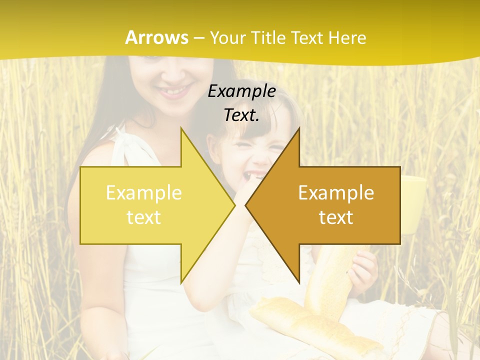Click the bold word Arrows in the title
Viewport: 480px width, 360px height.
157,37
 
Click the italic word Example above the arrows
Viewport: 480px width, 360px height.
241,91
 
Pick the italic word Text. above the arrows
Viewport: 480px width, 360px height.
241,115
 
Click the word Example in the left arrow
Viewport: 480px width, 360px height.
143,193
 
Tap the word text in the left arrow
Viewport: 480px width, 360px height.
143,217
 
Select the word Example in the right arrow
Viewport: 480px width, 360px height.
336,193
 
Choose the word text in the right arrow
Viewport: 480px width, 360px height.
336,217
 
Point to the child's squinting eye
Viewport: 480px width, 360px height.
271,148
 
